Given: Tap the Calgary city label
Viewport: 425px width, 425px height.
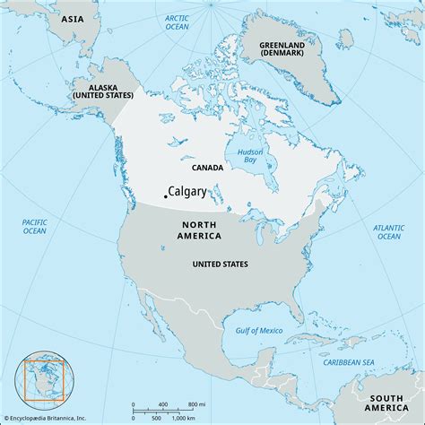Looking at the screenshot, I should (x=186, y=191).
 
